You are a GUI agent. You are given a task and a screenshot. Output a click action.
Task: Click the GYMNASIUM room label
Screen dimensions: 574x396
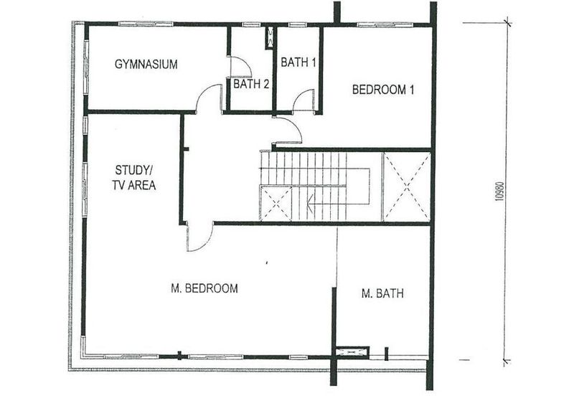point(146,65)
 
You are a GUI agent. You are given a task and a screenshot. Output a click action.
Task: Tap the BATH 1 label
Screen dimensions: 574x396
point(298,62)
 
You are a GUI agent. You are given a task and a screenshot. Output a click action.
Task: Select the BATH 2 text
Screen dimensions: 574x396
point(251,84)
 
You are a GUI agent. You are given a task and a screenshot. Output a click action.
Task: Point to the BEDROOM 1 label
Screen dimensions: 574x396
point(383,90)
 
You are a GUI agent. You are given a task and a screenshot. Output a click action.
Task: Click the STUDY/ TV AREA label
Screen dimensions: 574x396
point(134,178)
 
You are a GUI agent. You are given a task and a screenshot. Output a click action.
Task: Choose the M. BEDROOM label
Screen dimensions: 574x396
point(204,288)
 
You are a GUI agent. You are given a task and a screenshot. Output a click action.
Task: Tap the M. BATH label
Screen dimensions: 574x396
point(382,293)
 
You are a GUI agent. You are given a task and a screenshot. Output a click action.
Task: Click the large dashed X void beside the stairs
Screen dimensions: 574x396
point(407,187)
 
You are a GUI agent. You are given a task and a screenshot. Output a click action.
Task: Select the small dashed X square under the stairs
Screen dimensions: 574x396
point(276,204)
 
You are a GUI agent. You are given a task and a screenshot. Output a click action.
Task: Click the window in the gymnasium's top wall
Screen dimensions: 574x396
point(146,24)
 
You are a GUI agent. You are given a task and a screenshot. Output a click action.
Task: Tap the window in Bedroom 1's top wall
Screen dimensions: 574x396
point(385,25)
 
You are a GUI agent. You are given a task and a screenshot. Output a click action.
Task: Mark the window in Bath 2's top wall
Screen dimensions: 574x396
point(252,24)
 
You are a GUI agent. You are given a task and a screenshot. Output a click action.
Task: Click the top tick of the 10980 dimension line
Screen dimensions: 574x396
point(507,23)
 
